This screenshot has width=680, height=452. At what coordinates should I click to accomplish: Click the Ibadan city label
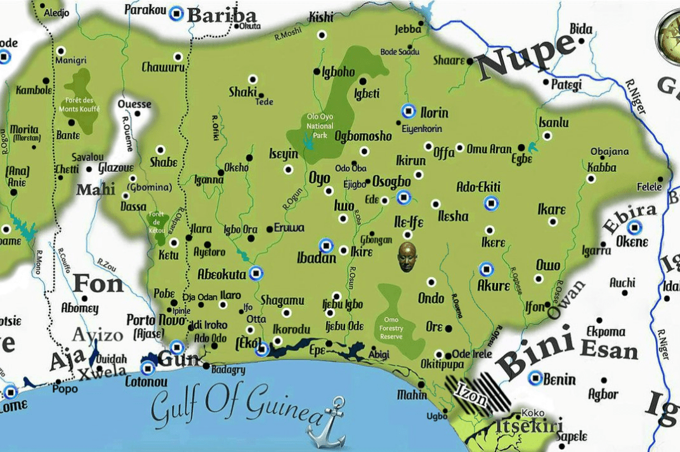click(x=317, y=258)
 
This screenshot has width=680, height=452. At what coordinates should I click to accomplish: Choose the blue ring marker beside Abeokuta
click(x=256, y=274)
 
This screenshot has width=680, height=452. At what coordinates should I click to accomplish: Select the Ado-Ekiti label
click(x=478, y=187)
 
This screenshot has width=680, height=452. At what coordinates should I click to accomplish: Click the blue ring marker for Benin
click(x=535, y=378)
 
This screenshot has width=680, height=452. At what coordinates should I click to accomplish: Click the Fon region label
click(x=98, y=283)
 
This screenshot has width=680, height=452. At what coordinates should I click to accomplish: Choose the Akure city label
click(x=494, y=285)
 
